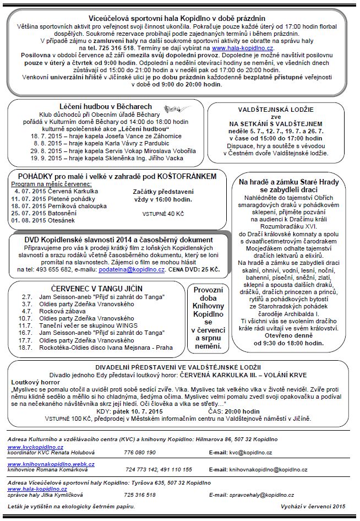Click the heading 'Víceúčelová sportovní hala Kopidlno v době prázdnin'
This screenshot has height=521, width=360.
click(179, 18)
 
